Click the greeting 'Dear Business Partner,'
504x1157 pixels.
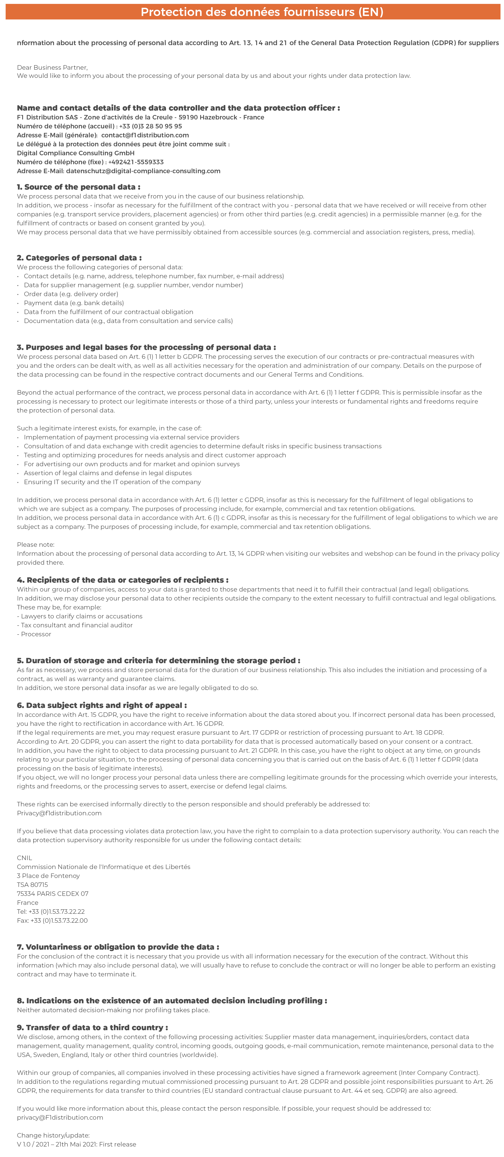click(x=52, y=67)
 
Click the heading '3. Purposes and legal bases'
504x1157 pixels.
click(x=146, y=347)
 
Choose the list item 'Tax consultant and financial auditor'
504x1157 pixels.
click(x=76, y=625)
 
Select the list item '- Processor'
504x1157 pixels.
click(x=34, y=634)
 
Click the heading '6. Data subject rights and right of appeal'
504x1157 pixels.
click(x=102, y=705)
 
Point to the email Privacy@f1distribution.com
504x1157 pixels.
click(x=59, y=813)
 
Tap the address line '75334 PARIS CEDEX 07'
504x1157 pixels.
click(x=53, y=894)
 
